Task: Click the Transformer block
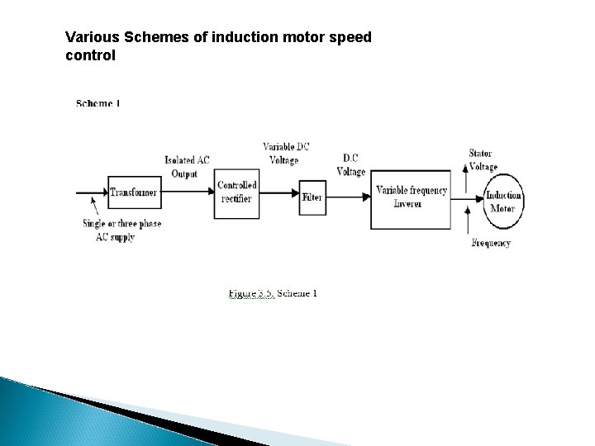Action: (x=133, y=192)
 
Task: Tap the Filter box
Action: (x=312, y=197)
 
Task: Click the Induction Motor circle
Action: (x=502, y=201)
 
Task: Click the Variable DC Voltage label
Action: (x=287, y=153)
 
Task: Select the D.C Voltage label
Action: (x=351, y=165)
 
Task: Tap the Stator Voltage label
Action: (x=483, y=159)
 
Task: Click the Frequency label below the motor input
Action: (x=490, y=243)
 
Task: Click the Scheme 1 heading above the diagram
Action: (x=98, y=103)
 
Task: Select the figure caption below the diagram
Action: (x=273, y=293)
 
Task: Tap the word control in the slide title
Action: (x=90, y=56)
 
